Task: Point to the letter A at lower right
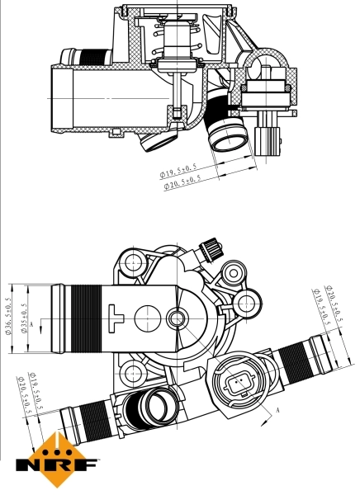point(278,410)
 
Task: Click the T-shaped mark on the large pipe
point(116,313)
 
